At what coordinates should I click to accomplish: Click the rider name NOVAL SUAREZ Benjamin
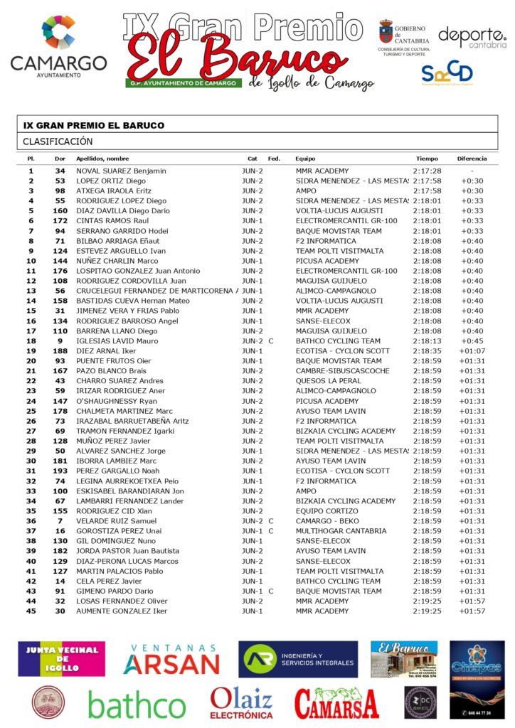pos(120,171)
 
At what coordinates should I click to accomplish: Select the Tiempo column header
pos(427,159)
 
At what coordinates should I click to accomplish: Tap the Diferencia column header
pos(472,159)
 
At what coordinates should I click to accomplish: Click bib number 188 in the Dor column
pos(60,351)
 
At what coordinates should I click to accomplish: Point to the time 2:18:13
pos(427,341)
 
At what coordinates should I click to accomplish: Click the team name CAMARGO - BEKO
pos(328,521)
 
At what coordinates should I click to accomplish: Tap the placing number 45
pos(31,611)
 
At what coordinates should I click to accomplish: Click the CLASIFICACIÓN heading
pos(58,141)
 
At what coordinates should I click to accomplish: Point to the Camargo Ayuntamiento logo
pos(58,47)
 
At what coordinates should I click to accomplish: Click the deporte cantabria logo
pos(472,37)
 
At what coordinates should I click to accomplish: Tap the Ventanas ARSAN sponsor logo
pos(171,660)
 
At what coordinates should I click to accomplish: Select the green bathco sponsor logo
pos(137,705)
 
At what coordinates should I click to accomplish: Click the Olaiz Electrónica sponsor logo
pos(241,703)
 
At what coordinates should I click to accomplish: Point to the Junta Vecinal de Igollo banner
pos(61,659)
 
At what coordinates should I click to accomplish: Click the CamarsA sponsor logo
pos(336,704)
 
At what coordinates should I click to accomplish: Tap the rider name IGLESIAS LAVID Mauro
pos(117,341)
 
